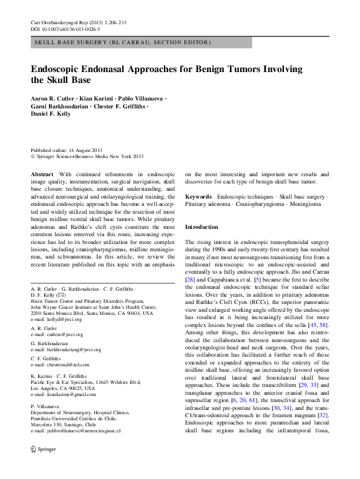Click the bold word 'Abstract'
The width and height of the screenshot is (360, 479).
[42, 173]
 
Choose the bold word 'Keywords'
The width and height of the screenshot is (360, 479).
[198, 197]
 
